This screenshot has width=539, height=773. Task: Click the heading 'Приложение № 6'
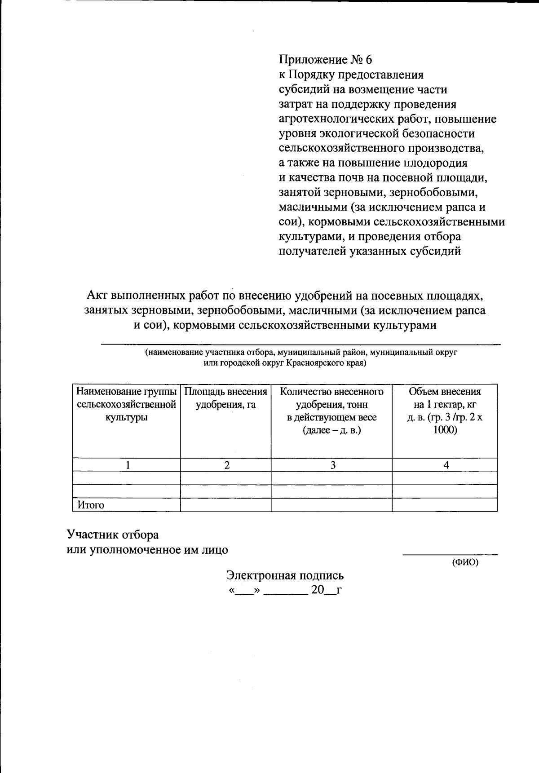click(325, 60)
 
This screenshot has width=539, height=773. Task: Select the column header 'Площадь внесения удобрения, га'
click(225, 398)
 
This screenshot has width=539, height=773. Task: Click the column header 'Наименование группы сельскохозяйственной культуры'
click(126, 404)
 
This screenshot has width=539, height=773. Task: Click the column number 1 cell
click(128, 465)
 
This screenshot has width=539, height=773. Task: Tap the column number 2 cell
click(227, 465)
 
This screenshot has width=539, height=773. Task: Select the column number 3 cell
click(333, 465)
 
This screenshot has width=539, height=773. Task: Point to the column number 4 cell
click(446, 465)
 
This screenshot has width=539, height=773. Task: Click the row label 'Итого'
click(91, 505)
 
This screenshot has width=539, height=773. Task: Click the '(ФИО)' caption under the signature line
click(465, 562)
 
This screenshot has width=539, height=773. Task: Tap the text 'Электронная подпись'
click(285, 575)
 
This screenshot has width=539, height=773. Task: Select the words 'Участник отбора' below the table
click(113, 534)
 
